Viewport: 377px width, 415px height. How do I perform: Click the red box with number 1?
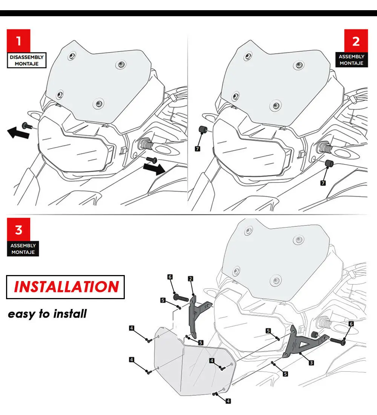point(18,40)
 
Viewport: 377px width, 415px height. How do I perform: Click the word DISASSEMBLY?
point(27,57)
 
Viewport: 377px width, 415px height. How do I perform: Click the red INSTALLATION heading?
point(66,287)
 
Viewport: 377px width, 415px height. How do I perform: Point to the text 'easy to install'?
point(48,314)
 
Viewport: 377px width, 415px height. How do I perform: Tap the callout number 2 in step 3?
point(191,279)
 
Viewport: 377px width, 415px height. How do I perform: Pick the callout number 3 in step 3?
point(311,363)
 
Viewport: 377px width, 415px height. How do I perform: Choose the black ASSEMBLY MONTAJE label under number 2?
point(351,60)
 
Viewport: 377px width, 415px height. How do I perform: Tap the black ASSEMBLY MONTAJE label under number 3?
point(23,249)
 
